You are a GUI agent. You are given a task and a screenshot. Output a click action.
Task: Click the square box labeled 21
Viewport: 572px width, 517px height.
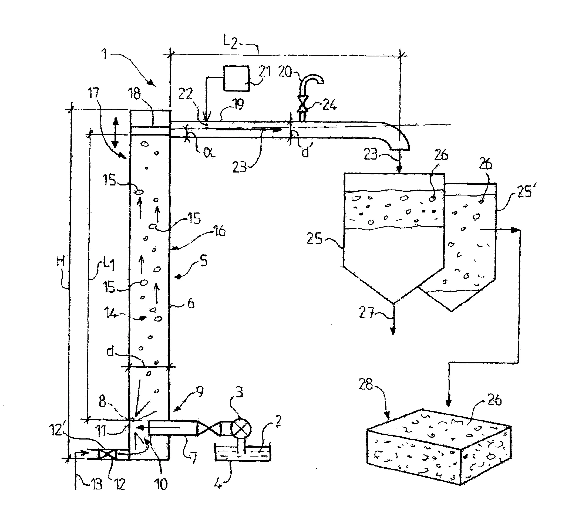[x=236, y=78]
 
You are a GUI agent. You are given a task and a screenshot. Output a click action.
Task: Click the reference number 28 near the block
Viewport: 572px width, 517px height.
[x=366, y=384]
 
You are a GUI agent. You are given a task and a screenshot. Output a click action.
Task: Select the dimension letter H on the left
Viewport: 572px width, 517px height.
[x=60, y=260]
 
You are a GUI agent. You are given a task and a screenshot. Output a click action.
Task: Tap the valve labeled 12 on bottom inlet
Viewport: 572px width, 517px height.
[x=107, y=455]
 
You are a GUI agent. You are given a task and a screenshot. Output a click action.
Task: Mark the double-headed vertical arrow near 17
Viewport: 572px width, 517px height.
[x=115, y=133]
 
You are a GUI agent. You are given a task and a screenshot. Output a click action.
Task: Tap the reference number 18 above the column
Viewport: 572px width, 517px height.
[x=135, y=94]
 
